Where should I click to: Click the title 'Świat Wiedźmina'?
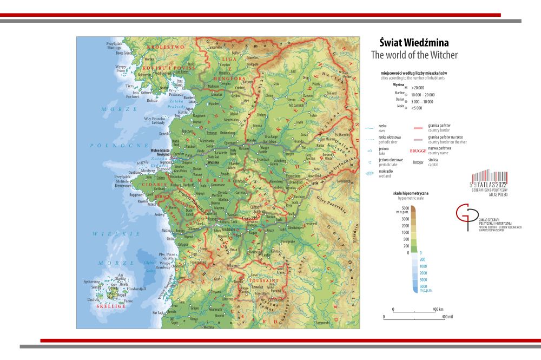click(x=414, y=43)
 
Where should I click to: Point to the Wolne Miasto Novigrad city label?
click(x=161, y=153)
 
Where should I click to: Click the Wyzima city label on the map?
click(x=213, y=162)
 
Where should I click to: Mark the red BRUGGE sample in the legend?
click(x=418, y=151)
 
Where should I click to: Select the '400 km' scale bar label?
click(x=438, y=309)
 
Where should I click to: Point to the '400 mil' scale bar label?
click(x=447, y=316)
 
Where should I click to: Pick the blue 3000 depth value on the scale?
click(x=424, y=279)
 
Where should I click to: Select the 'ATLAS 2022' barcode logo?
click(x=491, y=183)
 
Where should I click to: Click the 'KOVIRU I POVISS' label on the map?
click(x=161, y=68)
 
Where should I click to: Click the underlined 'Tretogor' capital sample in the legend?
click(x=418, y=162)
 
